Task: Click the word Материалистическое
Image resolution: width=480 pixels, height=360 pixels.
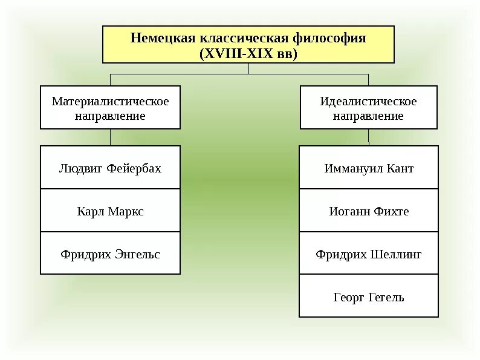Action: point(110,101)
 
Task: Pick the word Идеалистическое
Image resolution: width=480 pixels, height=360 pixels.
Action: point(368,101)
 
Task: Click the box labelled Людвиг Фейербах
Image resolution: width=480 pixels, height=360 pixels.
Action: point(110,168)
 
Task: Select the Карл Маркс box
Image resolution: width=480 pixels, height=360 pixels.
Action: point(110,211)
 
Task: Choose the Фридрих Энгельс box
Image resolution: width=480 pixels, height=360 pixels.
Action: point(110,254)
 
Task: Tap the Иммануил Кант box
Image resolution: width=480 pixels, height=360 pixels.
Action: point(368,168)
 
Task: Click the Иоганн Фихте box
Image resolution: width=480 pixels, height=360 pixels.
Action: point(368,211)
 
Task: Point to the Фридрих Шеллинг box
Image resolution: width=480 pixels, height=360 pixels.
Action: point(368,254)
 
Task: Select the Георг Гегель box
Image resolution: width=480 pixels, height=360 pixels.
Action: point(368,297)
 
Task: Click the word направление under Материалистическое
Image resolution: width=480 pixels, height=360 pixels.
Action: point(110,116)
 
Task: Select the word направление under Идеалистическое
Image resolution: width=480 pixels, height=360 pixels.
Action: point(368,116)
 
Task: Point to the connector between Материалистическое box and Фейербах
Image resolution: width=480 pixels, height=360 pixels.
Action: point(110,137)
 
